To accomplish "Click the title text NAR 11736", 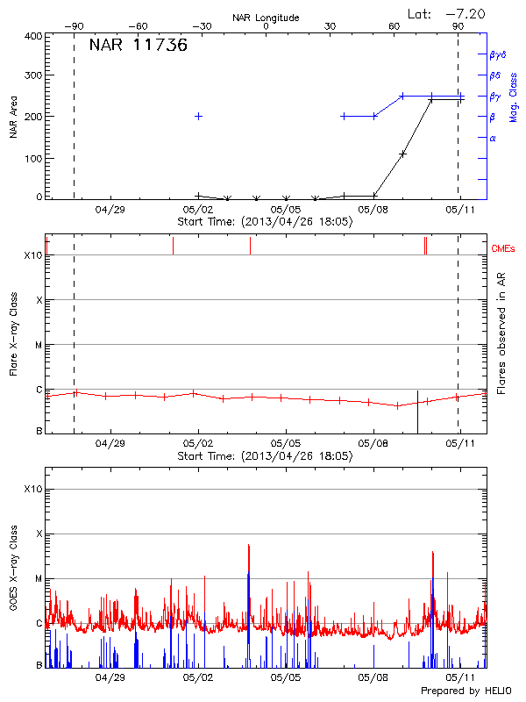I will [x=138, y=46].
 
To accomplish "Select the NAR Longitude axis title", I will [x=266, y=18].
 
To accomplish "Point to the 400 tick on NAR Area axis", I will [x=33, y=36].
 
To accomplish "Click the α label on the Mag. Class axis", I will [x=493, y=138].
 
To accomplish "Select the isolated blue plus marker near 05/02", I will [x=199, y=116].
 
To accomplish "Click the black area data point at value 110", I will [x=402, y=154].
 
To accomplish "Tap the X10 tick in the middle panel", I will [x=32, y=255].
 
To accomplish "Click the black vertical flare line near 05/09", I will [x=417, y=411].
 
